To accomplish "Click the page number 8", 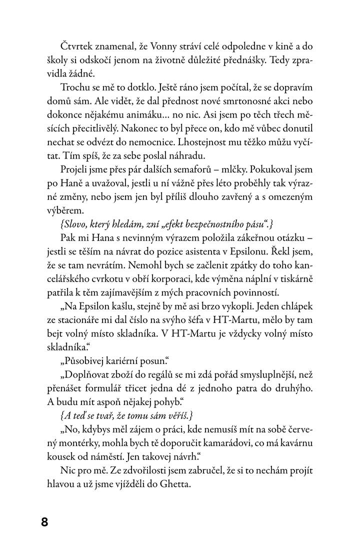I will click(44, 522).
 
